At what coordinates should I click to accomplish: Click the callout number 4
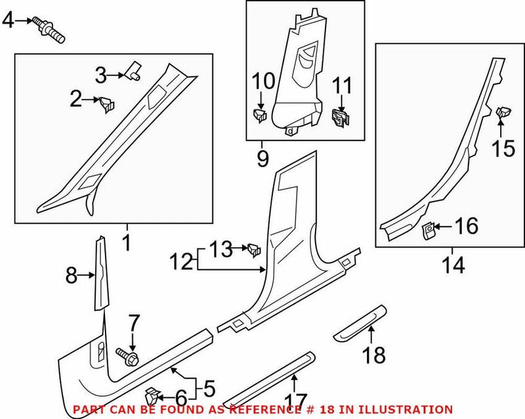point(8,21)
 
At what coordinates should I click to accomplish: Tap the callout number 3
point(100,76)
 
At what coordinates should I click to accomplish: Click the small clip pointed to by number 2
point(106,103)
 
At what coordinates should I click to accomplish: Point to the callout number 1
point(126,244)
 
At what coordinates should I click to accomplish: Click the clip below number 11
point(341,117)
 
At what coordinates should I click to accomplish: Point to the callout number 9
point(262,158)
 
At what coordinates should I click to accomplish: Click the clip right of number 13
point(253,249)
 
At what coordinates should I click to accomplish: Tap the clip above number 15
point(503,114)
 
